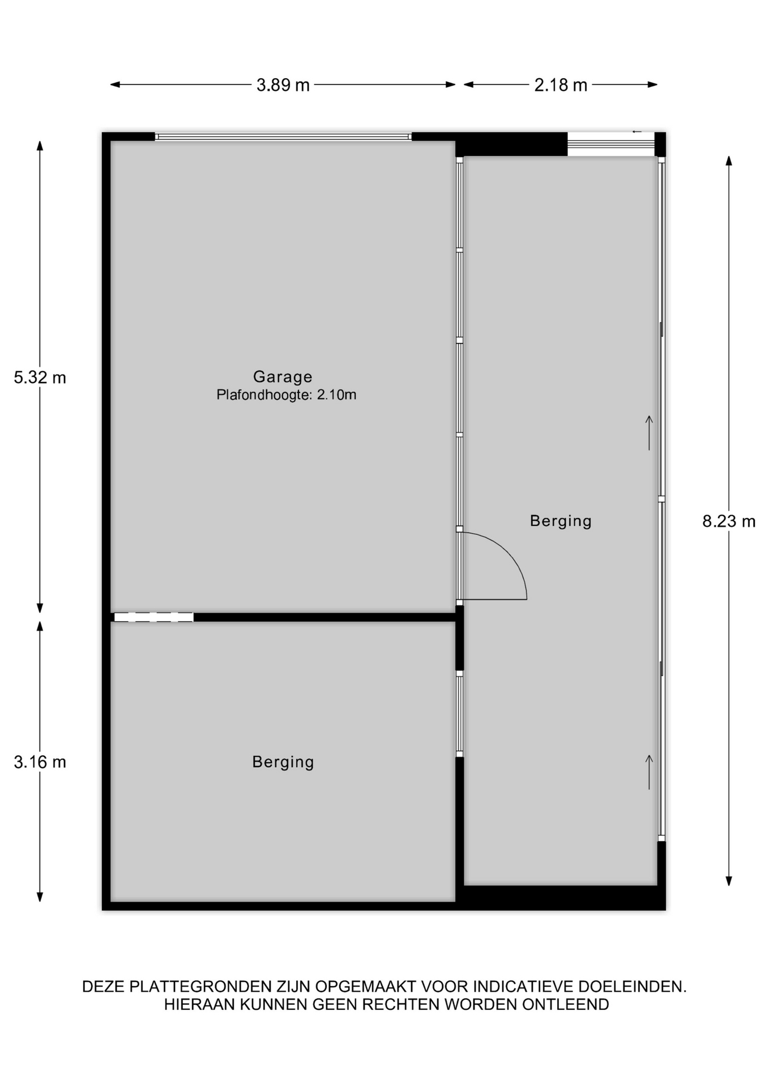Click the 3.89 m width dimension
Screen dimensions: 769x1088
[283, 85]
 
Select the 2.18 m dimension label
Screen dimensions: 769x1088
[561, 85]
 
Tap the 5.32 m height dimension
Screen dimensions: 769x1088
[40, 377]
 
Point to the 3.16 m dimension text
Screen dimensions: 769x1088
[40, 762]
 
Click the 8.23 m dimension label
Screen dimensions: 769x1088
[729, 521]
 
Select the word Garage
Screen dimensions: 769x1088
[283, 377]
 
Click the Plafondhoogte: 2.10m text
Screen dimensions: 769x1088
[287, 395]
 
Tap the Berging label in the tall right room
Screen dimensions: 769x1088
[561, 521]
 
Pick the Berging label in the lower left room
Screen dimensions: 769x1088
[283, 762]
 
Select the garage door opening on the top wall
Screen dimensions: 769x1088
[283, 137]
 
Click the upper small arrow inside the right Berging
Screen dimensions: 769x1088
[649, 433]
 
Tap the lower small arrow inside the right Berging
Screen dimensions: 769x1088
[649, 772]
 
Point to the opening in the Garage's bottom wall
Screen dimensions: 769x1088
[153, 617]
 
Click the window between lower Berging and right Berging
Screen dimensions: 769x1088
[460, 714]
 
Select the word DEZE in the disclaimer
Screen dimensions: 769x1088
[104, 987]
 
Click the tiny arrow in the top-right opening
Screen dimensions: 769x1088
[636, 132]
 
